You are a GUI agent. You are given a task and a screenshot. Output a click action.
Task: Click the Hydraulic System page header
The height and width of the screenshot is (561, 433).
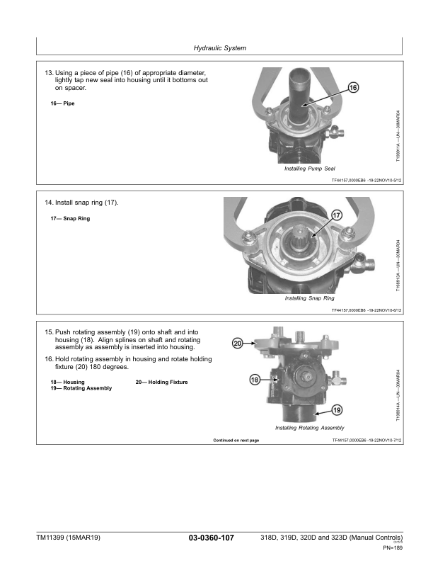[x=219, y=48]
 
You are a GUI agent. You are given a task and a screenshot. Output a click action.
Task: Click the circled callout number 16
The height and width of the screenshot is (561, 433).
[x=354, y=88]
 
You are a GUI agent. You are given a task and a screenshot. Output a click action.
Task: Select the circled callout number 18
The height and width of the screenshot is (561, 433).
[x=255, y=380]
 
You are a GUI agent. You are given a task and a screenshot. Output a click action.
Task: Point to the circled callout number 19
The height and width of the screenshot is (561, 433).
[x=337, y=410]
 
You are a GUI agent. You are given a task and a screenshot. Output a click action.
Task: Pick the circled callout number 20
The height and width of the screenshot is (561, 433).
[x=238, y=343]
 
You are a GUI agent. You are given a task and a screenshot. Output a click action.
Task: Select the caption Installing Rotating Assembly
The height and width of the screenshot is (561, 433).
[x=309, y=428]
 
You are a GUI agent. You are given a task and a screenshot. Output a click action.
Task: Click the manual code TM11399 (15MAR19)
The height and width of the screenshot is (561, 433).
[x=68, y=538]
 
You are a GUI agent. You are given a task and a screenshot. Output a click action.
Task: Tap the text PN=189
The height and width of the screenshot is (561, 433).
[x=392, y=548]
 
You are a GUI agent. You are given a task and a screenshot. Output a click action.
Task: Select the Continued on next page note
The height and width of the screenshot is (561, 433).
[x=236, y=441]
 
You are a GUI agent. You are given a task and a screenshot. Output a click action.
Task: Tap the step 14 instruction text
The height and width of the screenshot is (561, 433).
[x=81, y=203]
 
